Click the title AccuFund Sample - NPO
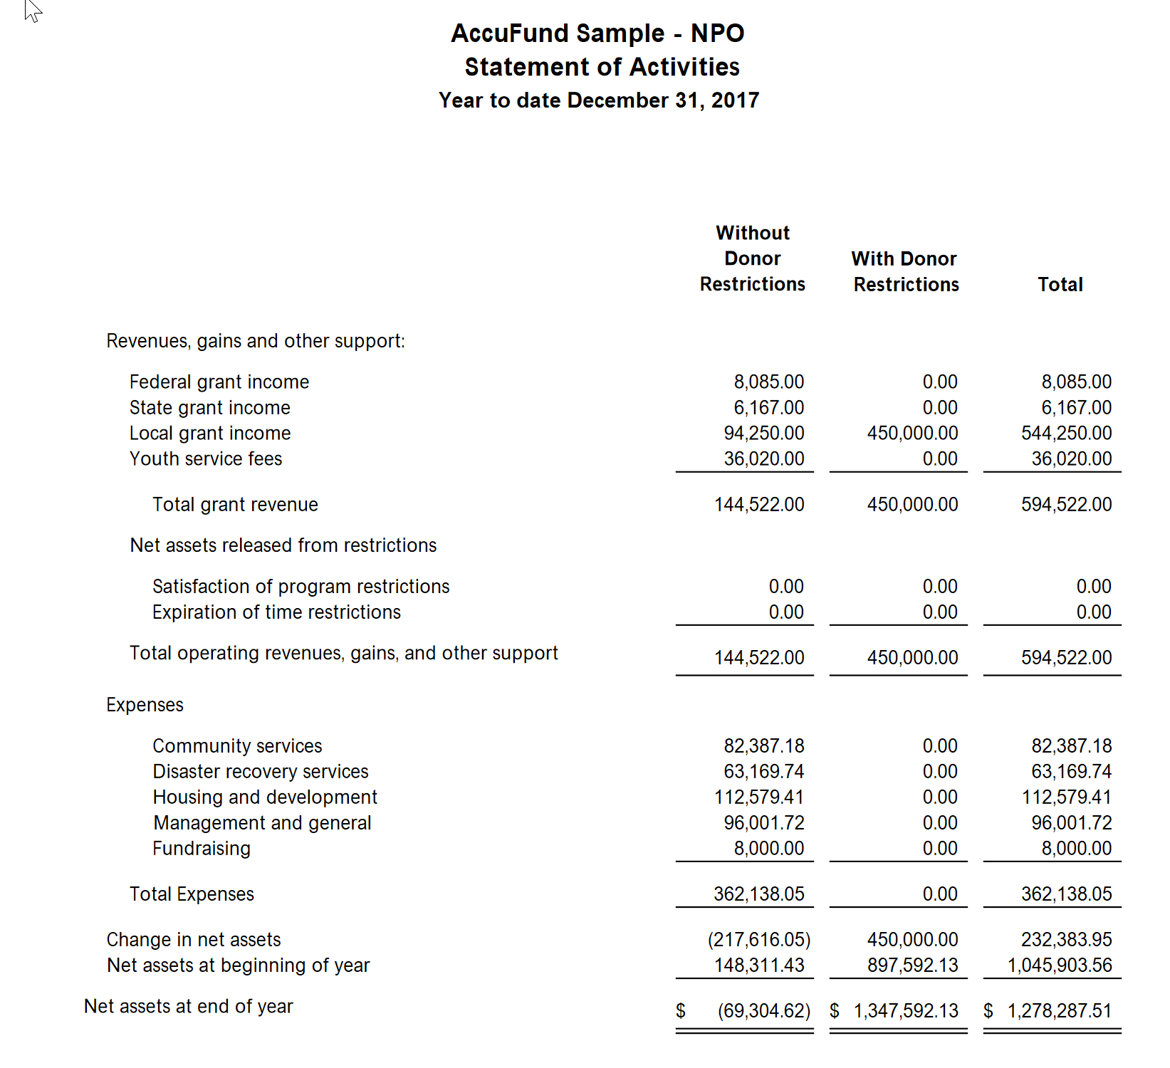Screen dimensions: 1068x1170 (597, 33)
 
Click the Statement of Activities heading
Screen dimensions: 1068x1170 (602, 67)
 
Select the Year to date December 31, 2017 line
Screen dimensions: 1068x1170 (598, 100)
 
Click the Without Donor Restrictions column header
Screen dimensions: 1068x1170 (752, 258)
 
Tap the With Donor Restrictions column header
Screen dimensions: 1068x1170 (905, 271)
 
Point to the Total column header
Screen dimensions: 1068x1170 (1060, 285)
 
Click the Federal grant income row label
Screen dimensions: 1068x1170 (219, 382)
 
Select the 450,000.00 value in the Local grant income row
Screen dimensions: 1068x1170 (912, 434)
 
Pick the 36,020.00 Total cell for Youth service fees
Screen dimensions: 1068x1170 (1071, 459)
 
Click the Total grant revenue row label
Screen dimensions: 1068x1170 (235, 505)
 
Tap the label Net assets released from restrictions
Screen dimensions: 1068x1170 (283, 545)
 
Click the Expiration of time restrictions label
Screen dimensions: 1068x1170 (276, 612)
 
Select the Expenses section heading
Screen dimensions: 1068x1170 (145, 705)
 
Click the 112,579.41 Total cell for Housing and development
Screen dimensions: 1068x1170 (1066, 797)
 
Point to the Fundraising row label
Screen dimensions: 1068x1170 (202, 849)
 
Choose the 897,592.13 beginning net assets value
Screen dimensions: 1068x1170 (912, 965)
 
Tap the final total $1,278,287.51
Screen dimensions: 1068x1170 (1059, 1011)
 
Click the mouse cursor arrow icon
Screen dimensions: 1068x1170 (33, 10)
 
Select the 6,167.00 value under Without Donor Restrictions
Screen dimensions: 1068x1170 (768, 408)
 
